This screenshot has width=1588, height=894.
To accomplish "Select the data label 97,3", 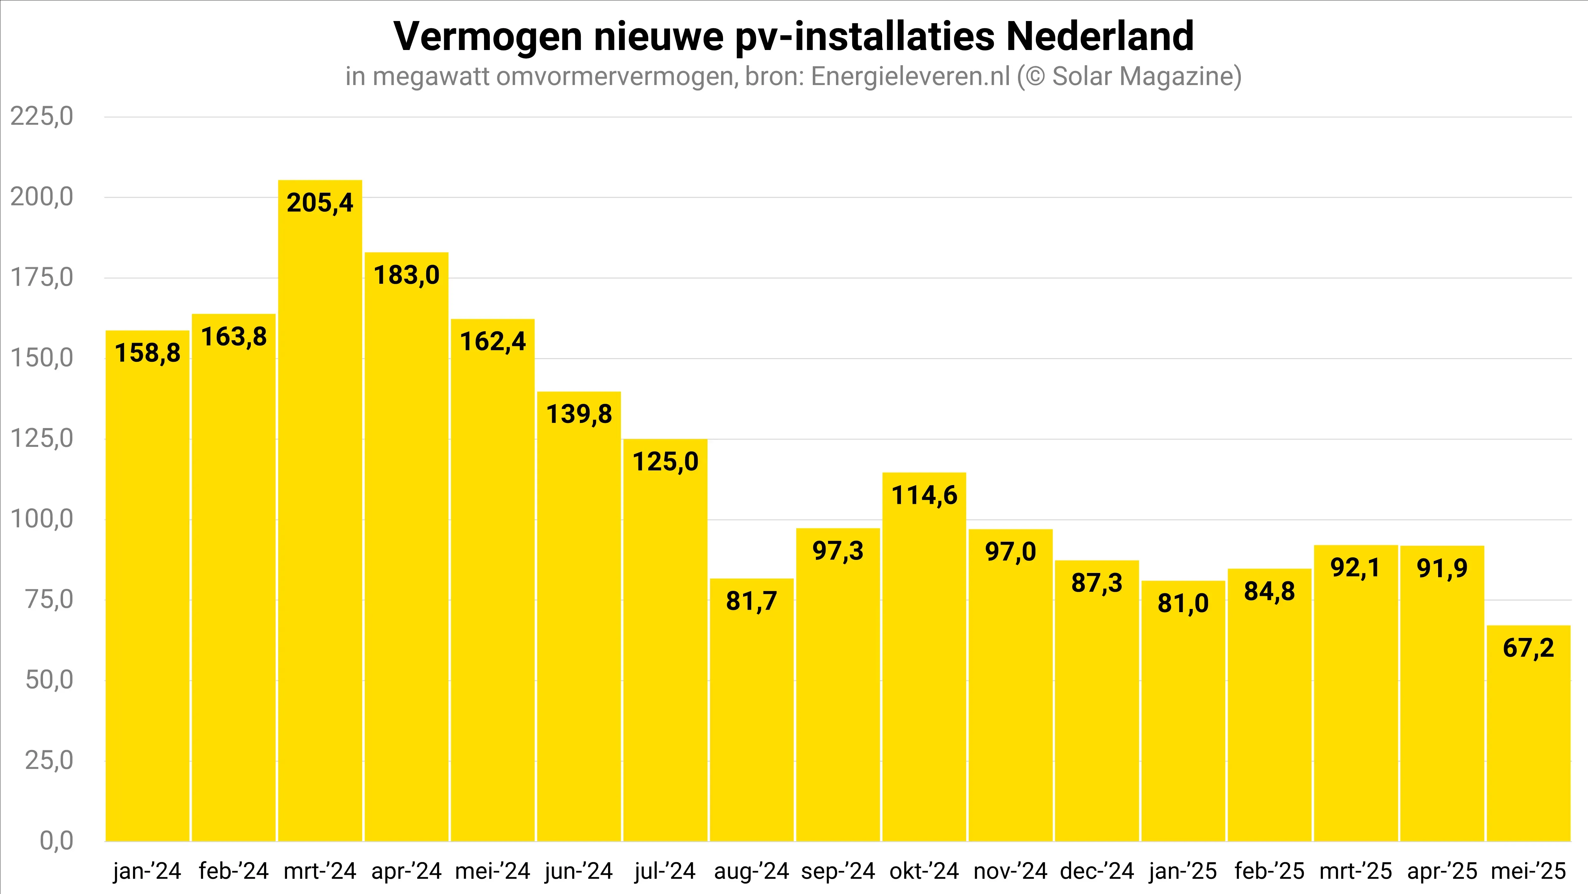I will (838, 550).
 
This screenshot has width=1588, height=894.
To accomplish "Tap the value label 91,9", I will (1442, 568).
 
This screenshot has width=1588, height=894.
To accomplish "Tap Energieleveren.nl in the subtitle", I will (910, 76).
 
